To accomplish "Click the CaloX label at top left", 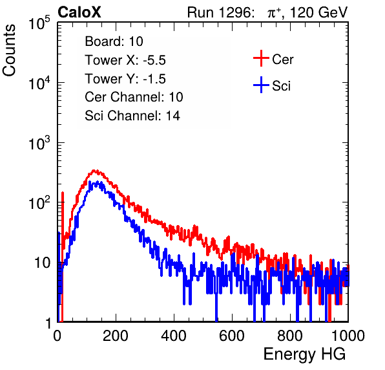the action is pyautogui.click(x=79, y=12).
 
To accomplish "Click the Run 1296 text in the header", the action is pyautogui.click(x=220, y=12).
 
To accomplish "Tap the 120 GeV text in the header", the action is pyautogui.click(x=318, y=12).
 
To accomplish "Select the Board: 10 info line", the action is pyautogui.click(x=114, y=41).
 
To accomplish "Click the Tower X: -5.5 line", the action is pyautogui.click(x=125, y=60).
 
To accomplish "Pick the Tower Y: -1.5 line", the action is pyautogui.click(x=125, y=79).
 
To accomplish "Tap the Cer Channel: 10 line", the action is pyautogui.click(x=134, y=97).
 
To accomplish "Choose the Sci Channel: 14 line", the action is pyautogui.click(x=132, y=116).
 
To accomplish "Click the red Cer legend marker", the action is pyautogui.click(x=261, y=58).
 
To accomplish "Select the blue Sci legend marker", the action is pyautogui.click(x=261, y=85).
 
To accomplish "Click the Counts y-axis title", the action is pyautogui.click(x=9, y=50).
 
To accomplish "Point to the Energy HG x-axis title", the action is pyautogui.click(x=304, y=354).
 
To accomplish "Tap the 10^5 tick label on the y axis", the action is pyautogui.click(x=39, y=23).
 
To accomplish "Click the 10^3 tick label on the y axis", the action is pyautogui.click(x=39, y=143).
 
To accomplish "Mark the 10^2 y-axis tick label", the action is pyautogui.click(x=39, y=203).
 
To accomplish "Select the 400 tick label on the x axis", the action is pyautogui.click(x=174, y=336).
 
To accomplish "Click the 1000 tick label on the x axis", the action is pyautogui.click(x=348, y=336).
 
